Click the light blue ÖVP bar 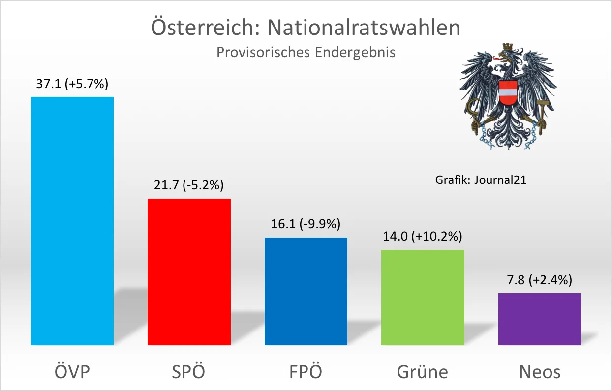(x=72, y=221)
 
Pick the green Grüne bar (x=423, y=297)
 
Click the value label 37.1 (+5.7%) (x=72, y=84)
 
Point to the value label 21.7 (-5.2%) (x=189, y=185)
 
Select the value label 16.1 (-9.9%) (x=306, y=224)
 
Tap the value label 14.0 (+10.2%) (x=423, y=237)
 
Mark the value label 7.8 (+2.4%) (x=539, y=280)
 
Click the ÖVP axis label (x=72, y=371)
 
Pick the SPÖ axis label (x=189, y=371)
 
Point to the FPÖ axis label (x=306, y=371)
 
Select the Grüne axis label (x=423, y=371)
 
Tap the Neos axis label (x=540, y=371)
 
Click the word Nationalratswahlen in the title (x=364, y=28)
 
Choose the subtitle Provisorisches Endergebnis (x=306, y=52)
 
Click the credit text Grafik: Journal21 (x=481, y=180)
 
